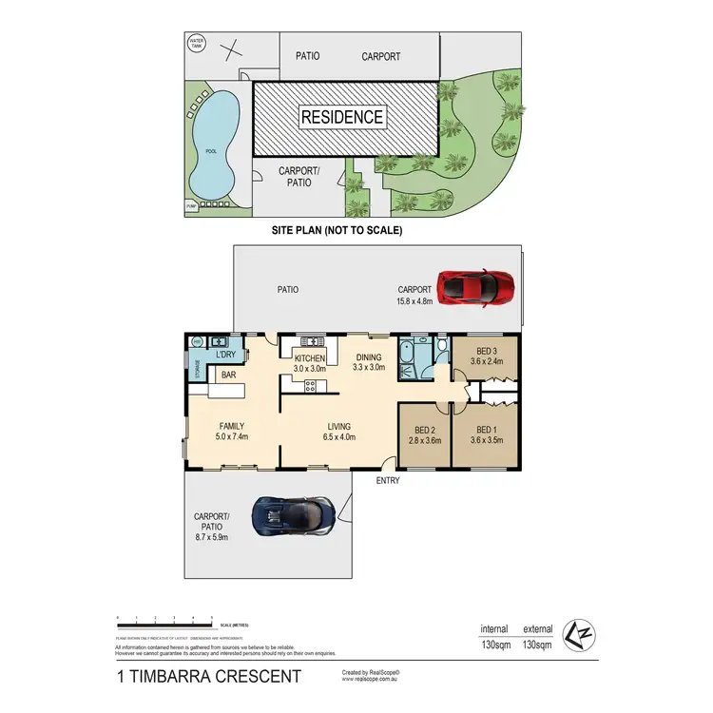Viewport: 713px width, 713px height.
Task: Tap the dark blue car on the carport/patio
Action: pos(292,515)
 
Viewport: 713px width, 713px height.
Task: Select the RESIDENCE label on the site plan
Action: pos(343,118)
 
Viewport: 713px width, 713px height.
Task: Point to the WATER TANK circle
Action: pos(197,43)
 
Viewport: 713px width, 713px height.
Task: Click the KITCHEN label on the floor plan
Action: pos(309,357)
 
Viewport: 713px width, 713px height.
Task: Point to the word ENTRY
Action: pos(387,481)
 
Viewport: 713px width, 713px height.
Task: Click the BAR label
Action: pos(229,376)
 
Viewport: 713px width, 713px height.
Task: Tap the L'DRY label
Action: pos(225,355)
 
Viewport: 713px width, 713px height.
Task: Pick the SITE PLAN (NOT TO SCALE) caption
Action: pos(337,230)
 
